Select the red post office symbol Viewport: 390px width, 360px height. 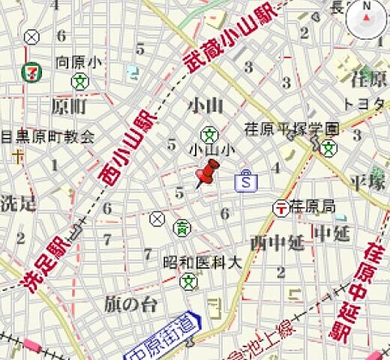280,206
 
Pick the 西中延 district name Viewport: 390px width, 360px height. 277,241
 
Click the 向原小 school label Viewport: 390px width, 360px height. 79,62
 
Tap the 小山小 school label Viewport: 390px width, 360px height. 213,149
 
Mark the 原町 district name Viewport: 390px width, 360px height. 69,106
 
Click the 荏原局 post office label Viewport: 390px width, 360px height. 313,205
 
